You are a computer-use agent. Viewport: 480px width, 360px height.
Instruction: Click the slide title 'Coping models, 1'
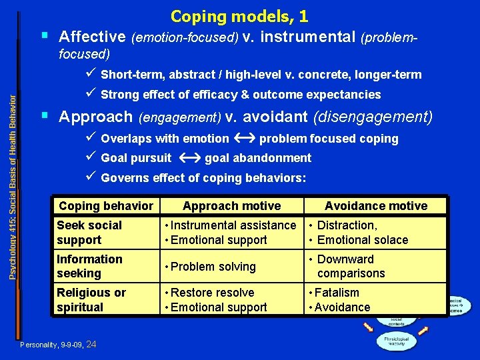pyautogui.click(x=239, y=16)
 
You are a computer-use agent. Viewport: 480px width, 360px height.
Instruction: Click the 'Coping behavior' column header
pyautogui.click(x=106, y=206)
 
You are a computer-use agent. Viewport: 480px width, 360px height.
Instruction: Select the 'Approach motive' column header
pyautogui.click(x=232, y=206)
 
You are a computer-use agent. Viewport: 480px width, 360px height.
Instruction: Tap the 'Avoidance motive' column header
pyautogui.click(x=376, y=206)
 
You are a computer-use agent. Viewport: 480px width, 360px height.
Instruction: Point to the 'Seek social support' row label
pyautogui.click(x=89, y=233)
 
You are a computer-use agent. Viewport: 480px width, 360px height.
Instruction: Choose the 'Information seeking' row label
pyautogui.click(x=89, y=266)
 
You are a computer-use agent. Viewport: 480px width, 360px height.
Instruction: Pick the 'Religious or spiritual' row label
pyautogui.click(x=91, y=300)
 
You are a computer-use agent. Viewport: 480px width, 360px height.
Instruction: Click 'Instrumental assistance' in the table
pyautogui.click(x=233, y=225)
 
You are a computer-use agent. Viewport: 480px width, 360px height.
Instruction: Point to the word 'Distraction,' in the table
pyautogui.click(x=347, y=225)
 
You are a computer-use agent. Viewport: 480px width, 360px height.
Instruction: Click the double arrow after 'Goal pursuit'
pyautogui.click(x=188, y=158)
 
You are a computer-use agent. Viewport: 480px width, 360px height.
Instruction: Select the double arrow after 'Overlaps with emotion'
pyautogui.click(x=243, y=139)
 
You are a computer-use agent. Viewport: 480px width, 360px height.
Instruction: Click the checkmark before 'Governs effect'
pyautogui.click(x=91, y=177)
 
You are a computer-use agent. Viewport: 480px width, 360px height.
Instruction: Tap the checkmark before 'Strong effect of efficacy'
pyautogui.click(x=91, y=94)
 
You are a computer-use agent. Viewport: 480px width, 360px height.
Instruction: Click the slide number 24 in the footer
pyautogui.click(x=91, y=344)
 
